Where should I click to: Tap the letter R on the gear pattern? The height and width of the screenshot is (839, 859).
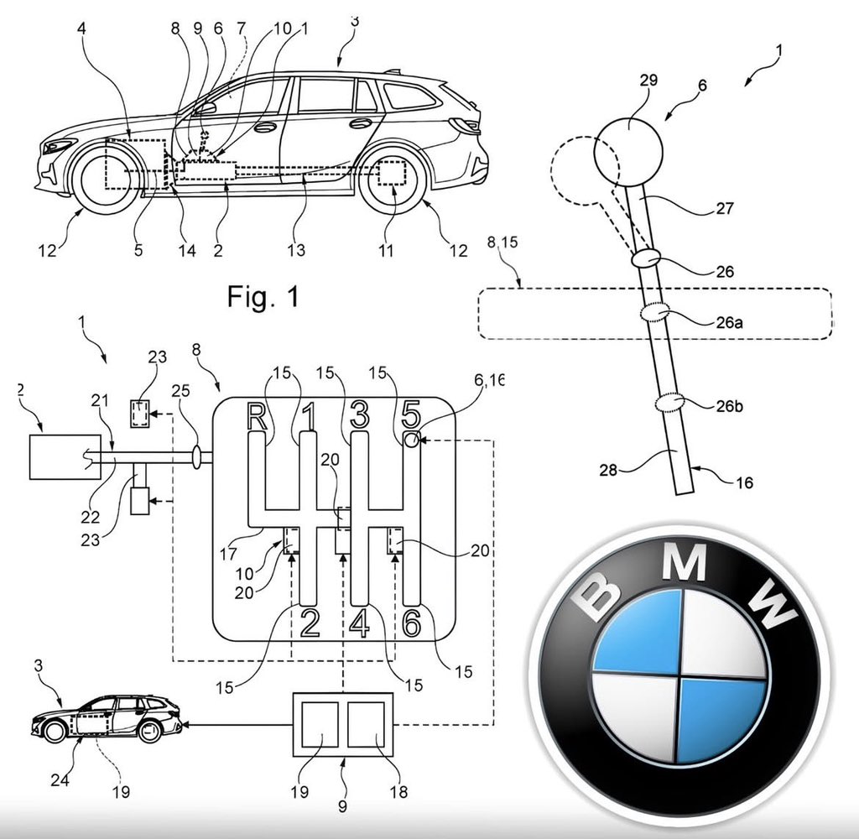coord(259,418)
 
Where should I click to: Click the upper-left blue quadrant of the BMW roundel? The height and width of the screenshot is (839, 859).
coord(639,631)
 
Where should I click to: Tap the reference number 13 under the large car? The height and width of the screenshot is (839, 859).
coord(294,250)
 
